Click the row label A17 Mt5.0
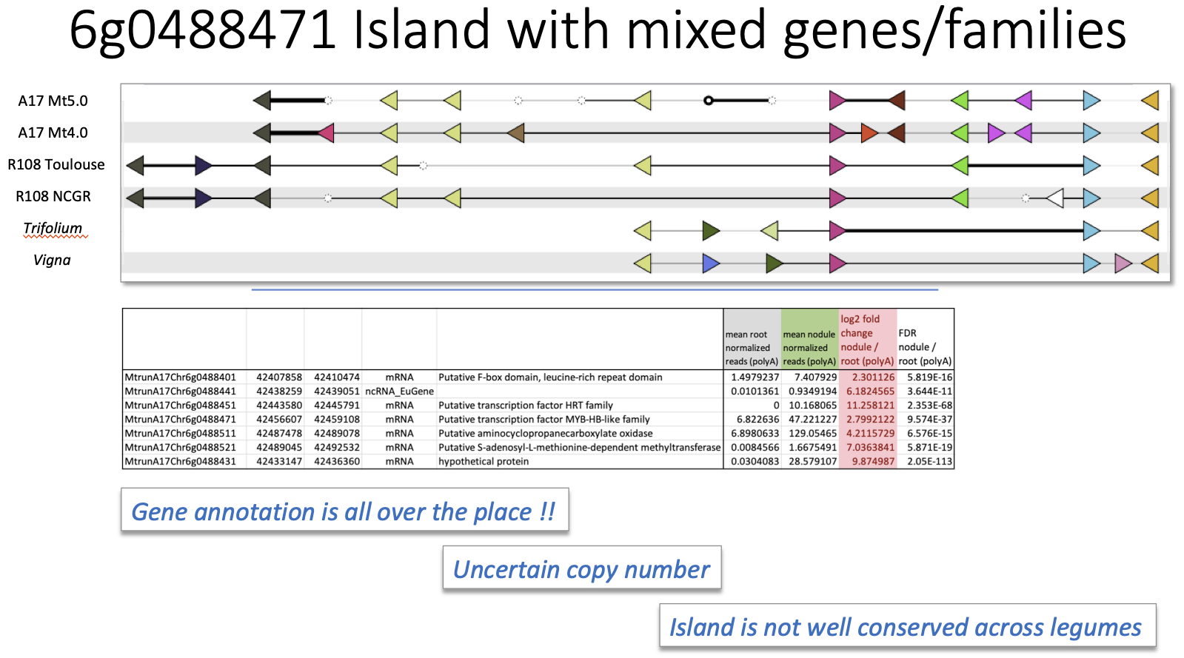pos(53,101)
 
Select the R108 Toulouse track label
pos(56,164)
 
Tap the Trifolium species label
pos(53,228)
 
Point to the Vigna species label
pos(52,260)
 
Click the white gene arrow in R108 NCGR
pos(1055,198)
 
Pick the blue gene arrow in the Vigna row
pos(711,263)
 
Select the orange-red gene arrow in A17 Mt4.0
pos(869,132)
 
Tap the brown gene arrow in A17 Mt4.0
pos(515,132)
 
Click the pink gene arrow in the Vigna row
pos(1123,263)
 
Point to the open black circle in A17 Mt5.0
pos(709,101)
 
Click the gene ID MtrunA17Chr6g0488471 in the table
pos(180,419)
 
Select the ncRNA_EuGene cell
pos(399,391)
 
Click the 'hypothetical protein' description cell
pos(483,461)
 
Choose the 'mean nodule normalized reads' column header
pos(809,348)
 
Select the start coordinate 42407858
pos(279,377)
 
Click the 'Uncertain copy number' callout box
pos(582,568)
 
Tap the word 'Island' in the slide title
pos(421,30)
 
